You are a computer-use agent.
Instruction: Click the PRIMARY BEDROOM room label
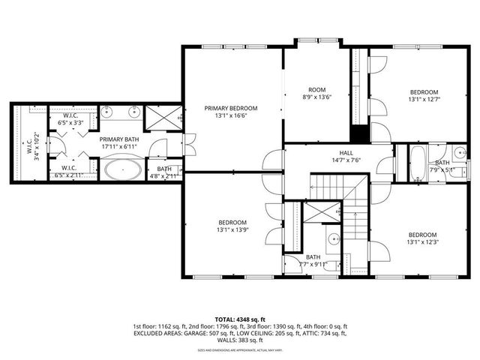231,108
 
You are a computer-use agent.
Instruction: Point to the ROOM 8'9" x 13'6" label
316,92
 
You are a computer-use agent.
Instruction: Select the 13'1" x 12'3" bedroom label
424,238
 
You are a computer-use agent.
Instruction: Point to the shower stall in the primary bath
163,116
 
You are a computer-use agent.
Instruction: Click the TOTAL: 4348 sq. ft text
241,319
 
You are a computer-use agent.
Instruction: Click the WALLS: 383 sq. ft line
241,340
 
